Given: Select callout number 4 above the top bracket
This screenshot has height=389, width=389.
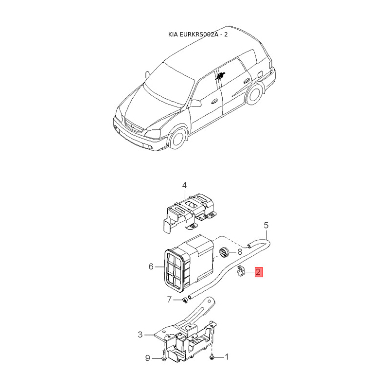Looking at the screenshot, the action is coord(184,185).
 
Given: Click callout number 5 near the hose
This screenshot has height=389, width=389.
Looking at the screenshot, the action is coord(266,225).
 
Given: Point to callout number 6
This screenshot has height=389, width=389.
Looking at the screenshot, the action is coord(151,266).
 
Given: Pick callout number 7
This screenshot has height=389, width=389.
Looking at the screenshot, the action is coord(169,300).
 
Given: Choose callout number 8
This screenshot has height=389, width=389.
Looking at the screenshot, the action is coord(239,252).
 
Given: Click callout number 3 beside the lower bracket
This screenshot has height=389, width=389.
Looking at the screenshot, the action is coord(140,335).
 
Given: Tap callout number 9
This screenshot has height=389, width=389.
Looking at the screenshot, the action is coord(148,359).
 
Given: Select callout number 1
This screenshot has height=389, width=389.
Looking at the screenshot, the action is coord(226,357).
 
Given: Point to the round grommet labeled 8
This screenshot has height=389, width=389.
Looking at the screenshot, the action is coord(224,252).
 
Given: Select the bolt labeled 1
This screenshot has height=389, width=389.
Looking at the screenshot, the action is coord(212,357).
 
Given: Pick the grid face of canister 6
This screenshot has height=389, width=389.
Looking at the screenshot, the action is coord(174,271).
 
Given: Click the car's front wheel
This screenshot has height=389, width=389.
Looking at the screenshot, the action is coord(178,139).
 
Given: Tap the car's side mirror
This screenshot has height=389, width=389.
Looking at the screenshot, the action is coord(195,103).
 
